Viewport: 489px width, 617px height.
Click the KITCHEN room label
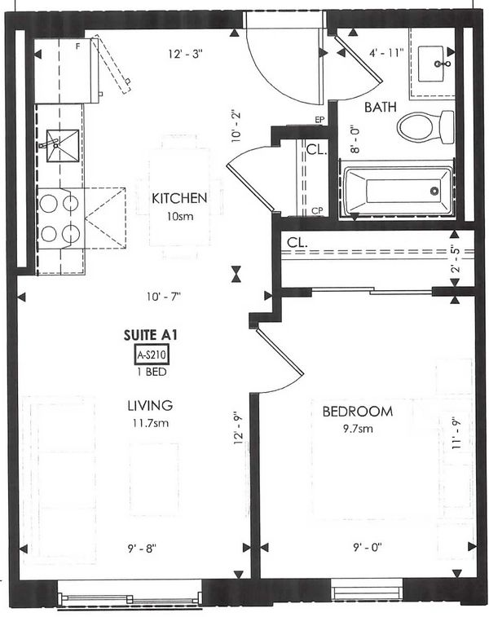pos(179,198)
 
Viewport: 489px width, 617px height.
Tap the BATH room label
pos(380,107)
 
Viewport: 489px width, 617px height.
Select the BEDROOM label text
pos(358,412)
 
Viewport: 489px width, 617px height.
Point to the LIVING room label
pos(150,405)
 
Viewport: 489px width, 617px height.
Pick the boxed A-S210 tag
pos(152,355)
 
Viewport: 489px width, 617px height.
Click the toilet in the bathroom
pos(425,126)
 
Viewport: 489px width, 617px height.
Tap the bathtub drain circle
pos(434,192)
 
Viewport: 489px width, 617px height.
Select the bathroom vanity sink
pos(431,64)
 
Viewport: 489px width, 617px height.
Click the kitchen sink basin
pos(63,146)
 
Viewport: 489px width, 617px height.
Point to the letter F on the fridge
pos(78,46)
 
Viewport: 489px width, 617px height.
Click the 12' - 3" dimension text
pos(185,54)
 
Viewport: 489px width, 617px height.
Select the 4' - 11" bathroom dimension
pos(386,53)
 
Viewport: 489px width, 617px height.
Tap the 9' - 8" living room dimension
pos(142,549)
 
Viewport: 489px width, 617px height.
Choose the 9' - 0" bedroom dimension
pos(368,548)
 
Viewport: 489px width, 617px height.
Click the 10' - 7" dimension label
pos(164,297)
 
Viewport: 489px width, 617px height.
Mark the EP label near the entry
pos(319,120)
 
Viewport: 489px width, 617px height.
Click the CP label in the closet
pos(317,211)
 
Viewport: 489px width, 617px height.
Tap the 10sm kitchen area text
pos(180,217)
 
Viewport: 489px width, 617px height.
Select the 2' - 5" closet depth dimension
pos(456,259)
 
